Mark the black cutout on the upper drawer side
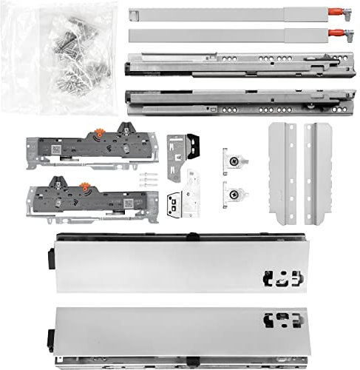coord(280,278)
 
